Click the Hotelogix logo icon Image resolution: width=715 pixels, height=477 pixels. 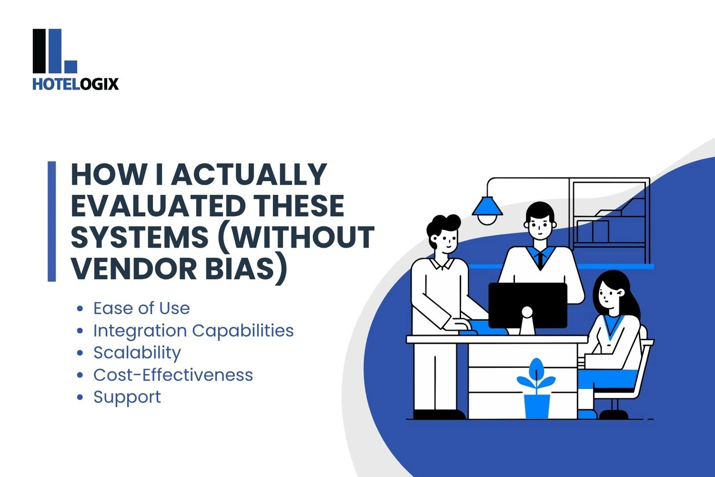pos(54,51)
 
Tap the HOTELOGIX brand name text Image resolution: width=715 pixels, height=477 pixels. pos(75,84)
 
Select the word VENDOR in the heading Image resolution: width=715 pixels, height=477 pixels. pos(134,269)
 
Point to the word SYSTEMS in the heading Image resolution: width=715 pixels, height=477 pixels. pos(140,237)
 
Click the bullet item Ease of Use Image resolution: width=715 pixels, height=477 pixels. pos(142,308)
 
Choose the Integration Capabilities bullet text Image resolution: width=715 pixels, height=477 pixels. pos(193,331)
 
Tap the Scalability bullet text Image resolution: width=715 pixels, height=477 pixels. pos(137,353)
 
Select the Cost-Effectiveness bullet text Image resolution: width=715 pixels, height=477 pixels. pos(173,375)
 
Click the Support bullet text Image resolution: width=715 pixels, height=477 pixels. pos(127,397)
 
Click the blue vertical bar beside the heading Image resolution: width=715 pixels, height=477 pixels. pos(52,221)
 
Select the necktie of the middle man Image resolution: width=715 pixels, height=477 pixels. pos(540,259)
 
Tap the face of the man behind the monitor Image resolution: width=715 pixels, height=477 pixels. pos(540,228)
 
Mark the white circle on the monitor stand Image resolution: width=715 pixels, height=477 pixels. pos(527,312)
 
